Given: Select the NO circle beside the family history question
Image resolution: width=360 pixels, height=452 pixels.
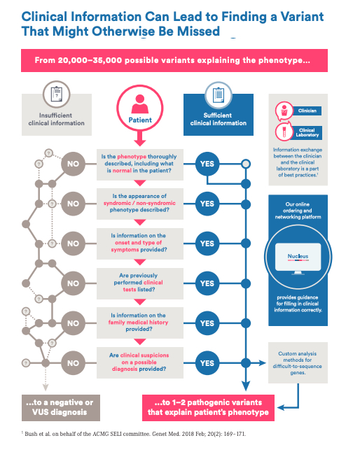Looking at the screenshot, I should [73, 323].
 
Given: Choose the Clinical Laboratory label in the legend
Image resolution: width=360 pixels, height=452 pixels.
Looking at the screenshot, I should [306, 132].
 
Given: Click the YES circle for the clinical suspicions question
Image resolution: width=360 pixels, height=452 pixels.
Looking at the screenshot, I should [207, 363].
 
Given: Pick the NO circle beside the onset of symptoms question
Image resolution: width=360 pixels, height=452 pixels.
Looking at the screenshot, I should [73, 243].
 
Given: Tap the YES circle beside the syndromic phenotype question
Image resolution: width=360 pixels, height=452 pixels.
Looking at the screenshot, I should [207, 204].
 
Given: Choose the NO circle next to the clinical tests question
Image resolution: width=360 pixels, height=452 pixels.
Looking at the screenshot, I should [73, 283].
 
